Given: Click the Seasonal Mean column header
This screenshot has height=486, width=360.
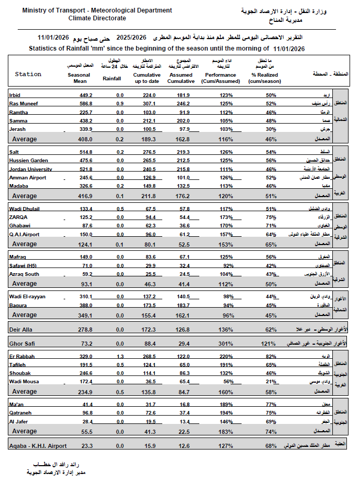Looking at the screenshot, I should coord(79,78).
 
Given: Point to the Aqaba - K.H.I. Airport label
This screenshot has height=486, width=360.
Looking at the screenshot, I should coord(38,445).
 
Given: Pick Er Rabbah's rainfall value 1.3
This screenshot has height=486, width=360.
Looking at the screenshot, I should coord(119,356).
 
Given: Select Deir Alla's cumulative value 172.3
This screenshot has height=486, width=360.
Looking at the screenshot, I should coord(149,330).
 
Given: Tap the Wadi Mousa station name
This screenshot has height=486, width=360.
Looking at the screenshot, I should coord(23,381).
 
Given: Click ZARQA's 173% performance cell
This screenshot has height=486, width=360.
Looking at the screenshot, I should coord(226,216).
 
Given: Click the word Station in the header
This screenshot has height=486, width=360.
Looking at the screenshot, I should coord(28,74).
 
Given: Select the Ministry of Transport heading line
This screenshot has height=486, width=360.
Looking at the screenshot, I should coord(90,10).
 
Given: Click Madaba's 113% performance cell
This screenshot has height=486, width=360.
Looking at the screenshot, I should coord(226,186).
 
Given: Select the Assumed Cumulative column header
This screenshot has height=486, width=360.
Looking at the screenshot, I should coord(182,78).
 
